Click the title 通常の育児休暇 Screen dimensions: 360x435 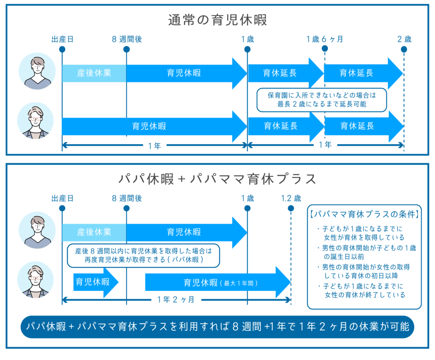click(217, 20)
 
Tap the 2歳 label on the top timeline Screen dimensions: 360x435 click(404, 39)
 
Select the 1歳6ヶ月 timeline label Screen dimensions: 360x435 click(325, 39)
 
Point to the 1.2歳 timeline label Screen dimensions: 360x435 click(291, 198)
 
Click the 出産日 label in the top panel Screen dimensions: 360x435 click(62, 39)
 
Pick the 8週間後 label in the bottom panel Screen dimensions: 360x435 click(127, 198)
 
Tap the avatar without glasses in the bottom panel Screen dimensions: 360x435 click(37, 230)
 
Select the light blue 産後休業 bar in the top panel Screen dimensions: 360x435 click(94, 73)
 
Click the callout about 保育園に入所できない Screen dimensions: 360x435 click(322, 99)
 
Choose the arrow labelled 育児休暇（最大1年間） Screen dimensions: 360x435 click(217, 282)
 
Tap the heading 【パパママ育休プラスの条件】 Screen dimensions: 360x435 click(364, 213)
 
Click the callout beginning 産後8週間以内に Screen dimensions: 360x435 click(143, 255)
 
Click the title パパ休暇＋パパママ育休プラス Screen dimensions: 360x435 click(217, 179)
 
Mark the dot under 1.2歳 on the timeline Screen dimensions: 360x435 click(291, 208)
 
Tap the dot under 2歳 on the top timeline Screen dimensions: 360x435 click(404, 49)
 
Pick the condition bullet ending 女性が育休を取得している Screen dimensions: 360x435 click(364, 233)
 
